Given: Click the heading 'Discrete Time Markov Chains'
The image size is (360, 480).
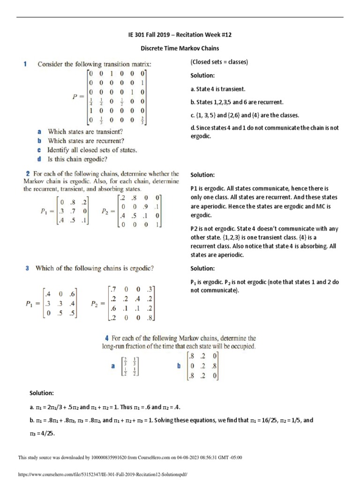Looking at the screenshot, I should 180,48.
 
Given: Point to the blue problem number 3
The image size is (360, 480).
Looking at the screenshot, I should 27,268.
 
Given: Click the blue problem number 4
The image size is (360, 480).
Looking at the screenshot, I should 107,338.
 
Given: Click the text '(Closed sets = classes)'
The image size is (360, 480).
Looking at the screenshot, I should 219,62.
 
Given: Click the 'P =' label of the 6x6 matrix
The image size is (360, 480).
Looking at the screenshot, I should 79,97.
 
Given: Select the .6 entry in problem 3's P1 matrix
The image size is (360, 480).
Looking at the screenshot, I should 72,294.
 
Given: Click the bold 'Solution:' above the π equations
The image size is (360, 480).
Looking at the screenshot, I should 42,392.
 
